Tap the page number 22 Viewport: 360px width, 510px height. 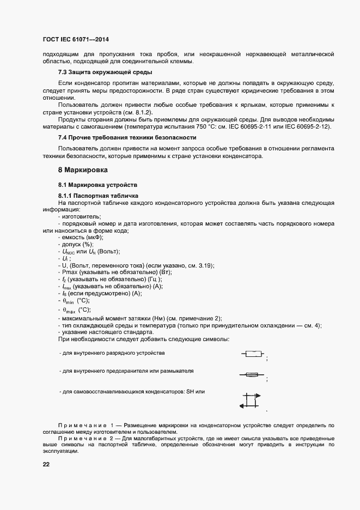point(46,465)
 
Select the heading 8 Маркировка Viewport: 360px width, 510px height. point(83,170)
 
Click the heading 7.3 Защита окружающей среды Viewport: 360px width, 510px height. point(105,72)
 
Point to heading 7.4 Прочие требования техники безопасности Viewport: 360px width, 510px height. point(127,137)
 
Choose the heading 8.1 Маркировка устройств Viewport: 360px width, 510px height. point(98,185)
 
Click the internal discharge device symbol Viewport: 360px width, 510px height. point(253,354)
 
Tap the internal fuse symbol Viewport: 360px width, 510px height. point(252,375)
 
